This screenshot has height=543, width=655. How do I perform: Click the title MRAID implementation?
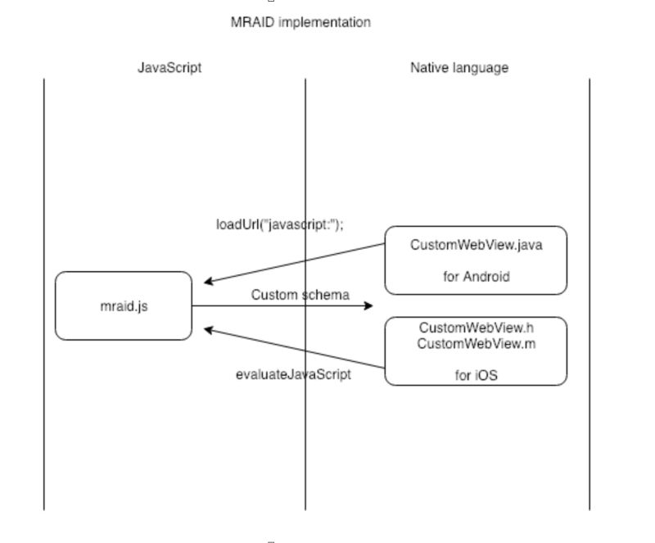[300, 22]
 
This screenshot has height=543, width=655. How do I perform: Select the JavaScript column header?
[169, 67]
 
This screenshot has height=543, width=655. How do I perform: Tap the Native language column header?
[458, 67]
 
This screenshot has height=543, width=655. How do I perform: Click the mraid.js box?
[124, 306]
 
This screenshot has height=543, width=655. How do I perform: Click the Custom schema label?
[300, 294]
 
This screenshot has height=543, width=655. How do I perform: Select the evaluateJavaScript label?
[293, 374]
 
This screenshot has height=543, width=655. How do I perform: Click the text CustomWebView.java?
[476, 244]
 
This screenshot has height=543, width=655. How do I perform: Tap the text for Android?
[476, 277]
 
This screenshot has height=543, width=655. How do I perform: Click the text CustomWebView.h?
[476, 328]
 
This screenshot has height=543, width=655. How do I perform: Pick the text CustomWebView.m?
[476, 344]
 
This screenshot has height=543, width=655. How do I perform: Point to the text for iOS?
[476, 376]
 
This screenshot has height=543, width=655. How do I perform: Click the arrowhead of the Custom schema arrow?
[369, 306]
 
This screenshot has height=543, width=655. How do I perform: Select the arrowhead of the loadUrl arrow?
[208, 282]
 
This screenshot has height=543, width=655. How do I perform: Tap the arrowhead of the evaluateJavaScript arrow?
[208, 329]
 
